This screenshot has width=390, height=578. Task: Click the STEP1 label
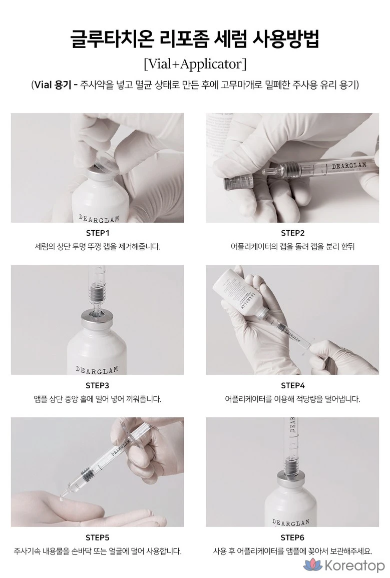click(x=98, y=233)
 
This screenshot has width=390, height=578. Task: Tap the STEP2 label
click(x=293, y=233)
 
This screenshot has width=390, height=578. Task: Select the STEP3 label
click(x=97, y=385)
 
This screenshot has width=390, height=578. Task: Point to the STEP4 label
click(x=293, y=385)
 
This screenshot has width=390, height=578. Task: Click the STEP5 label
click(x=97, y=537)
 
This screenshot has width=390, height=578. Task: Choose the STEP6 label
click(x=292, y=537)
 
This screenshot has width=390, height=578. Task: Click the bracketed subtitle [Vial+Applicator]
click(x=195, y=64)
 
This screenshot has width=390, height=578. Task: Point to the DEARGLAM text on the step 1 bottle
click(x=99, y=218)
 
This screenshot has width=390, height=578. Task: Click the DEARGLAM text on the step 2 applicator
click(x=349, y=165)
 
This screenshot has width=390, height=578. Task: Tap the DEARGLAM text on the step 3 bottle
click(x=97, y=369)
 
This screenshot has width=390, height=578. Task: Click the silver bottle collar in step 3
click(x=97, y=318)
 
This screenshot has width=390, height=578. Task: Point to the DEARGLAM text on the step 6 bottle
click(x=291, y=522)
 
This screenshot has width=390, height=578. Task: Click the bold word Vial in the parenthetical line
click(x=43, y=85)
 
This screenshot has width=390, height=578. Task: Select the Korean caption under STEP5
click(x=97, y=551)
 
